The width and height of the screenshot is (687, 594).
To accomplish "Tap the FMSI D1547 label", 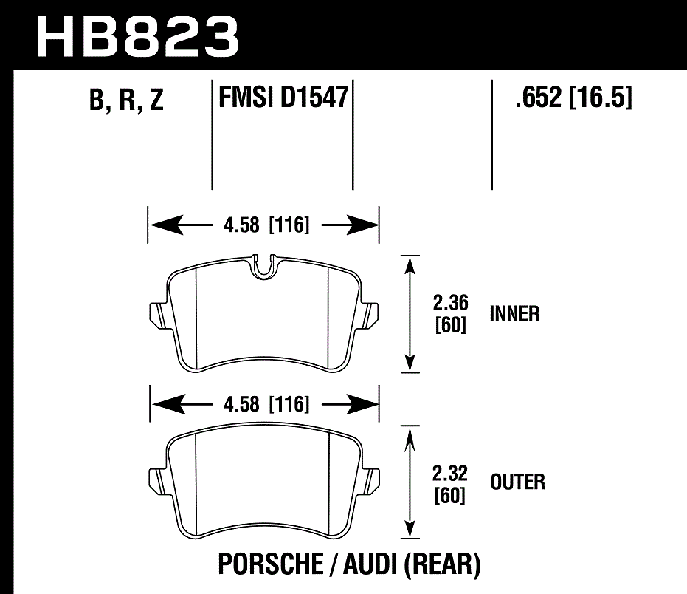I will tap(283, 98).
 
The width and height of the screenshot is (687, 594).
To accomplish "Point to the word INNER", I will tap(514, 314).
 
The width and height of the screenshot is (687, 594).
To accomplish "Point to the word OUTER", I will tap(517, 482).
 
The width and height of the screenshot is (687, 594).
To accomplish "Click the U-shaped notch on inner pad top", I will tap(263, 267).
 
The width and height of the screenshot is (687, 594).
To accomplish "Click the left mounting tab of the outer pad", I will tap(157, 482).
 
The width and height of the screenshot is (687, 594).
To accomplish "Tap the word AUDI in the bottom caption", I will tap(366, 565).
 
